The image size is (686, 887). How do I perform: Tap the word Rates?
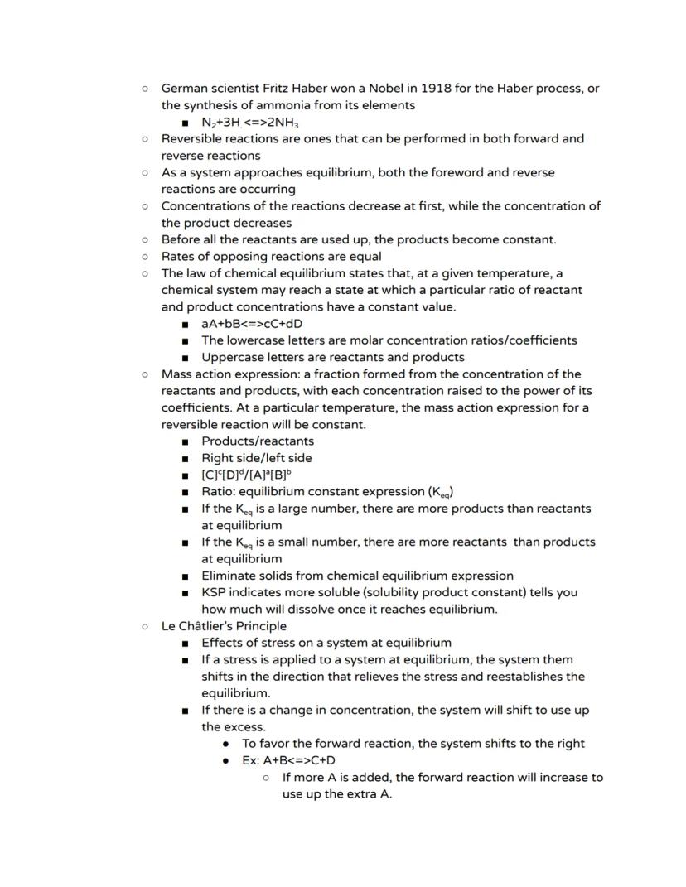[179, 256]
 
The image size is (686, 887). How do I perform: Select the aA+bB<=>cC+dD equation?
[252, 324]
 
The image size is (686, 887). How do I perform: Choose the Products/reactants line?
[258, 441]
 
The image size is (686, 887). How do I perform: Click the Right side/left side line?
[257, 457]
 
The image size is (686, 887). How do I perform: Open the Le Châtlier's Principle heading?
[224, 625]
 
